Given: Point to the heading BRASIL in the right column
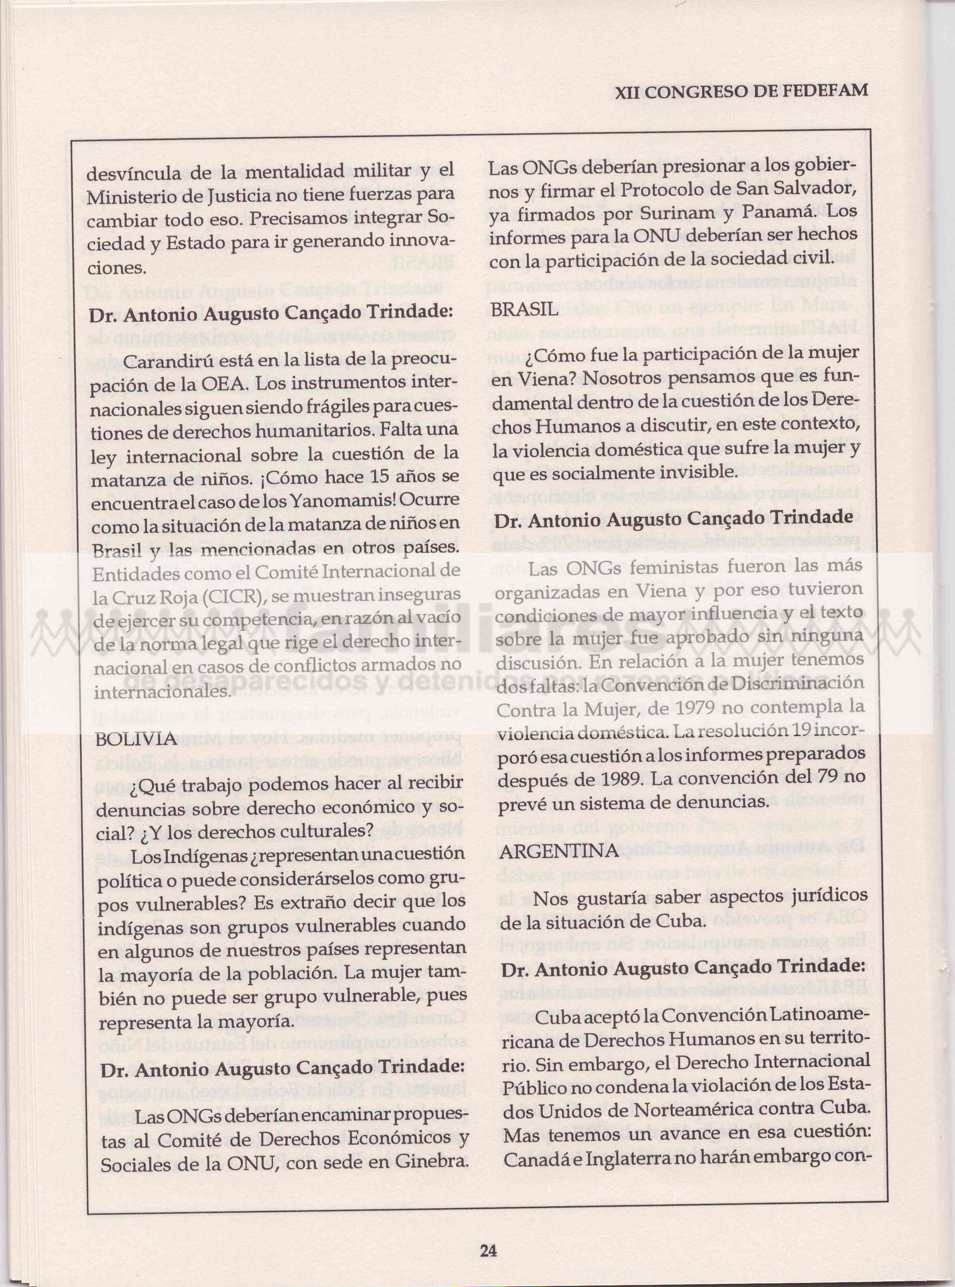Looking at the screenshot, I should pyautogui.click(x=525, y=309).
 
